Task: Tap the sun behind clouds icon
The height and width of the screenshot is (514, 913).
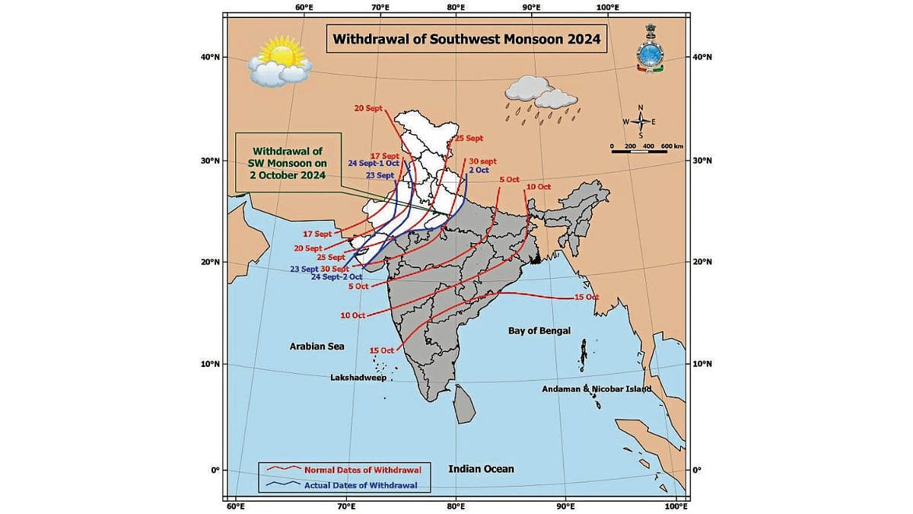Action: pyautogui.click(x=278, y=63)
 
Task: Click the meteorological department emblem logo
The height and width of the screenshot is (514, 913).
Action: pyautogui.click(x=651, y=49)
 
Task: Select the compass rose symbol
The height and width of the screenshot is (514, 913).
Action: pyautogui.click(x=641, y=122)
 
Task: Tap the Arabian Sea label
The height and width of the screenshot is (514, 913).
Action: pyautogui.click(x=317, y=346)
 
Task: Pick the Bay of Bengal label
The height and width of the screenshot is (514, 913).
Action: pyautogui.click(x=539, y=331)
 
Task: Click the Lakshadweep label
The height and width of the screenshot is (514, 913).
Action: pyautogui.click(x=358, y=378)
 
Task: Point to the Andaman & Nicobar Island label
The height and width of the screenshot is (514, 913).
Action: pyautogui.click(x=596, y=389)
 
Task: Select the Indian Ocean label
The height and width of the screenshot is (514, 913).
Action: pyautogui.click(x=481, y=469)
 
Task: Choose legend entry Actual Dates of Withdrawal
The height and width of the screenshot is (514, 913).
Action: pyautogui.click(x=365, y=484)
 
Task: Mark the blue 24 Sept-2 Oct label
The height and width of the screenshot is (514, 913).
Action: pyautogui.click(x=336, y=277)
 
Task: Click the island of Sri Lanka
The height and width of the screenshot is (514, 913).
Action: pyautogui.click(x=463, y=404)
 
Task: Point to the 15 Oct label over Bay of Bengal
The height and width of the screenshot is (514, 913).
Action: pyautogui.click(x=586, y=297)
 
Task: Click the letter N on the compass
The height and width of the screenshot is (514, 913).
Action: pyautogui.click(x=641, y=107)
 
